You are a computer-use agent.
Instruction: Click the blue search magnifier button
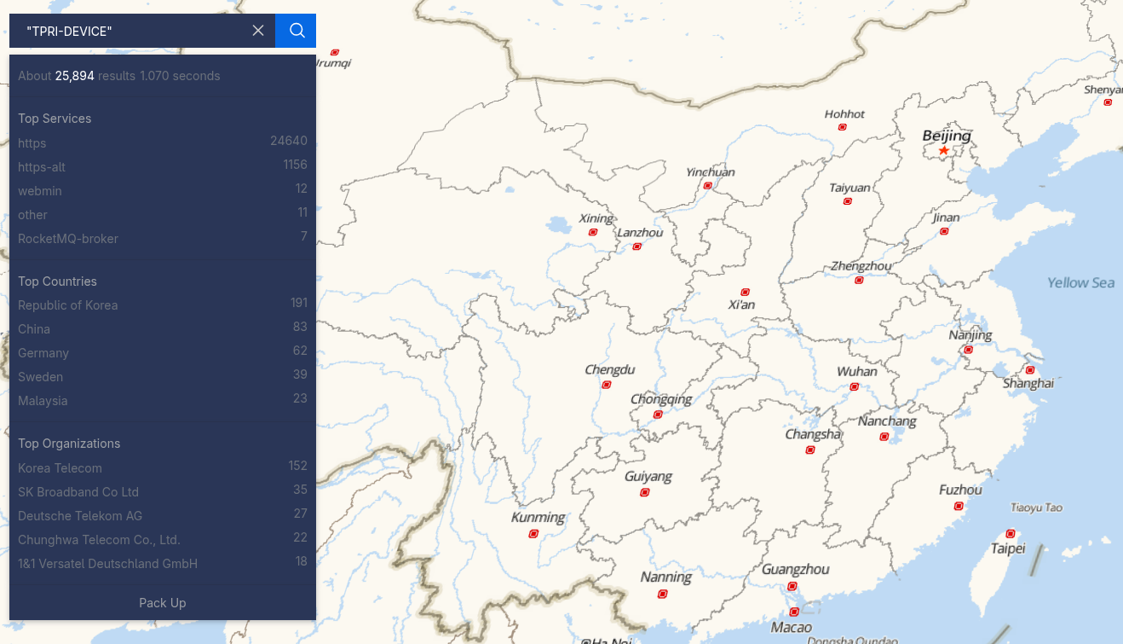point(297,31)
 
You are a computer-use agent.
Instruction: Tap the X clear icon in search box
point(258,31)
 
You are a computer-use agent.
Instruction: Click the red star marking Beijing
point(943,151)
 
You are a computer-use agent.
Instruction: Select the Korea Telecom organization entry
point(60,468)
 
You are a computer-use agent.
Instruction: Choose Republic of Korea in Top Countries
point(68,305)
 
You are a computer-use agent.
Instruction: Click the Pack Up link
point(162,603)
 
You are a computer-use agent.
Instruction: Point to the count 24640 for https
point(289,141)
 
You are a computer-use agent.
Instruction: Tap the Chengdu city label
point(609,369)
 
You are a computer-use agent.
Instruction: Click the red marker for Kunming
point(533,534)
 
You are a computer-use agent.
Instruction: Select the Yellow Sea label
point(1080,283)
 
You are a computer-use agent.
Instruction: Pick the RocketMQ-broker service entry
point(68,239)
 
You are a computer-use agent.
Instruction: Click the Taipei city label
point(1008,548)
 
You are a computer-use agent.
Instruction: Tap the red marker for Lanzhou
point(636,247)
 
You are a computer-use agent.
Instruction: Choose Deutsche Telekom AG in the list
point(80,516)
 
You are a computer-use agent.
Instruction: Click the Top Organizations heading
point(69,444)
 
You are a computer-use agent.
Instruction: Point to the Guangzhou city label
point(795,569)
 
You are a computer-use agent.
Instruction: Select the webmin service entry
point(40,191)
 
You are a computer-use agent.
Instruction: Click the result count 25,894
point(74,76)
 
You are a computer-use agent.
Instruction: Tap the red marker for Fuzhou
point(959,507)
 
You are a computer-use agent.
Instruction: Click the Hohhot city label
point(844,114)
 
